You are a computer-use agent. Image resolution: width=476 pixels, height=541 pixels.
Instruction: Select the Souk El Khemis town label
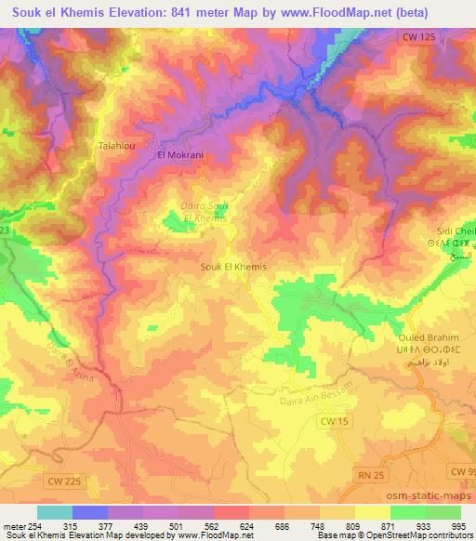(233, 267)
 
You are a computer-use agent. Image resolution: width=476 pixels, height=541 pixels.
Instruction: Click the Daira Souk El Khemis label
(203, 210)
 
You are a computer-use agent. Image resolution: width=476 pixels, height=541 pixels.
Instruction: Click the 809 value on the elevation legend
(351, 525)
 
